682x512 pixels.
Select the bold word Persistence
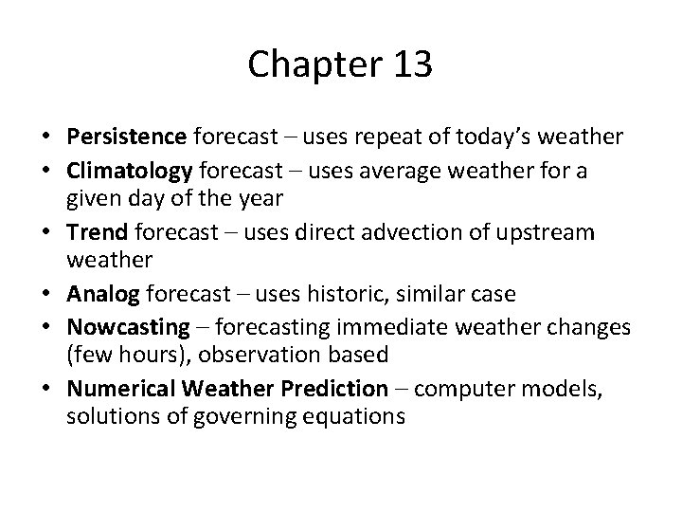[126, 137]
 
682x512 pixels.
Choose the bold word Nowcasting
[128, 327]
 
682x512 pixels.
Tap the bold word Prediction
[335, 388]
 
